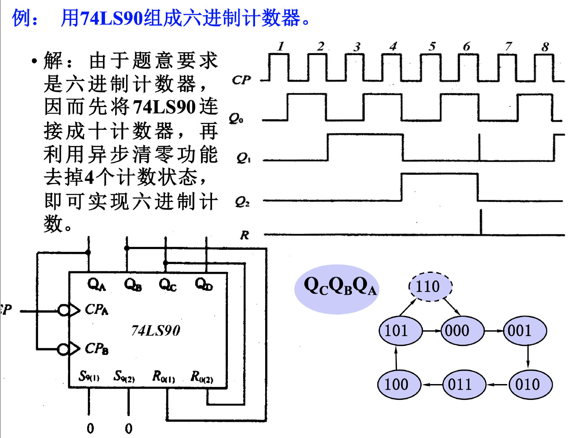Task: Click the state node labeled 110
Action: (x=430, y=287)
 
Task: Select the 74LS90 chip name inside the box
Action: (x=156, y=331)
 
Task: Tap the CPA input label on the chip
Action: (x=96, y=309)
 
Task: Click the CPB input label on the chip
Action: (x=96, y=348)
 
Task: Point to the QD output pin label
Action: (x=204, y=284)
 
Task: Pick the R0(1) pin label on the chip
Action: (x=164, y=377)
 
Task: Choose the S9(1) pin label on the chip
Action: (x=89, y=376)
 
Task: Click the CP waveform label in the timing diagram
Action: (x=241, y=80)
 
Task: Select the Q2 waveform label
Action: (x=242, y=202)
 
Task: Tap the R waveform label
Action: (x=244, y=235)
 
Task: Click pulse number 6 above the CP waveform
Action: (x=467, y=47)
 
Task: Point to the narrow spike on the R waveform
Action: (x=481, y=222)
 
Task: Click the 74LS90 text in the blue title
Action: (x=111, y=18)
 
